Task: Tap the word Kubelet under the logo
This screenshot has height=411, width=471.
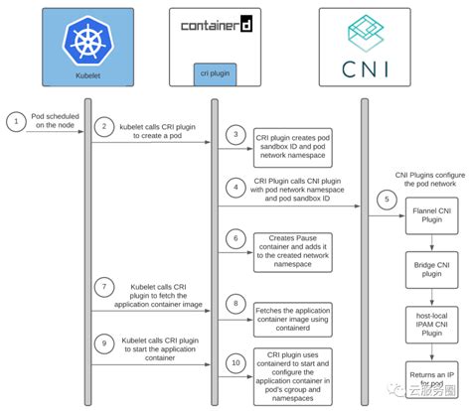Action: coord(91,74)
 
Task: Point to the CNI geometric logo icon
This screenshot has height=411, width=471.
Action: coord(365,32)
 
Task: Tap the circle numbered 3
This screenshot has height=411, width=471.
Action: coord(235,133)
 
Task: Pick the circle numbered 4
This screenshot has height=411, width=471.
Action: coord(235,185)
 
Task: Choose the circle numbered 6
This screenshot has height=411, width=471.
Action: coord(235,239)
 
